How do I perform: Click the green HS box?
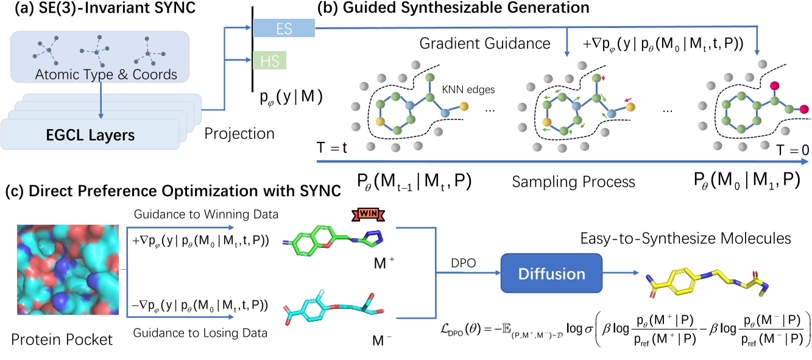click(x=269, y=61)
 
